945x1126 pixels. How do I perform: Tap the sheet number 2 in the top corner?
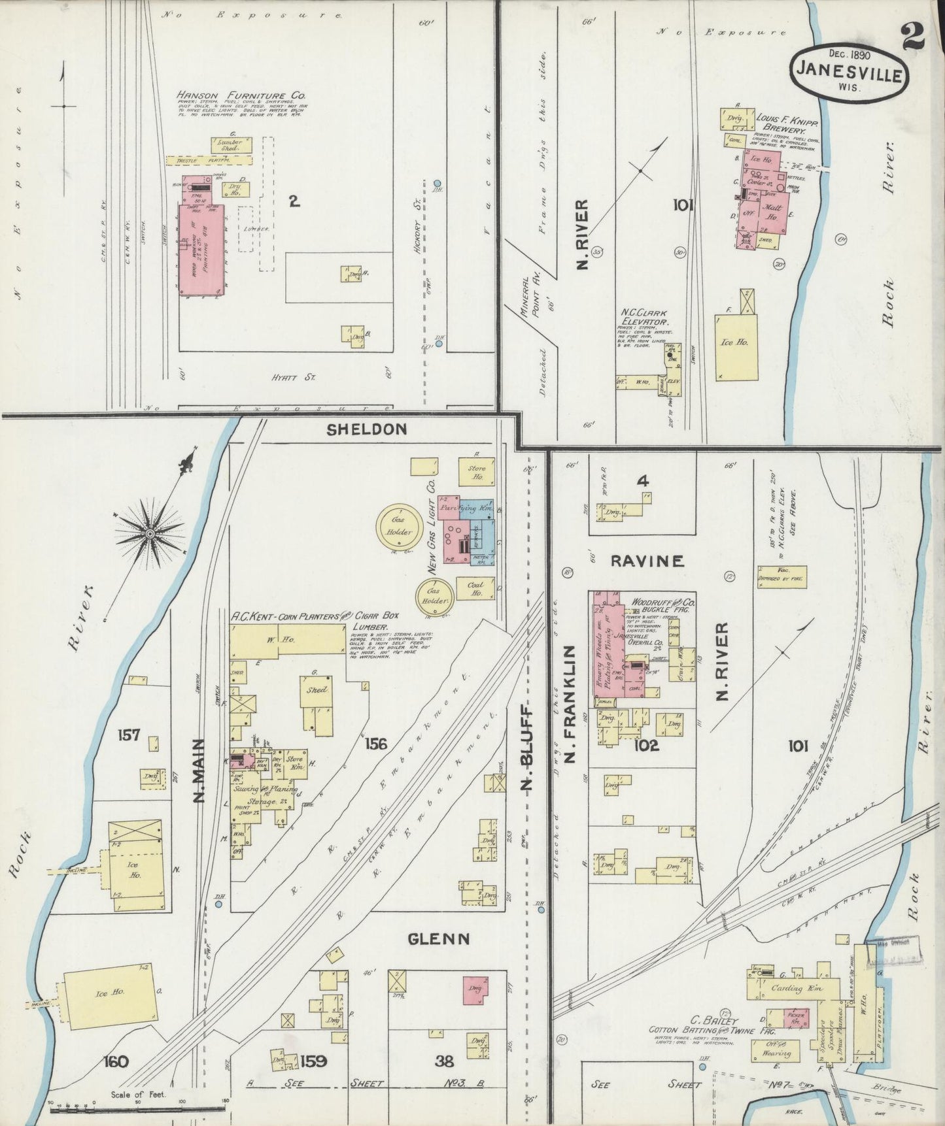point(912,35)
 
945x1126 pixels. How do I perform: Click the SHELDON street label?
point(367,429)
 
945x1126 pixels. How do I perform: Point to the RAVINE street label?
point(647,561)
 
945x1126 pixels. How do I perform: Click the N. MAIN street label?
point(200,771)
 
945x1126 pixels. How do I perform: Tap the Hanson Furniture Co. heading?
point(241,95)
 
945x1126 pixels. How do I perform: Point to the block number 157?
point(128,736)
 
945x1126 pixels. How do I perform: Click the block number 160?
point(115,1061)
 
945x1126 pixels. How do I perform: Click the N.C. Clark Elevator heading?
point(644,317)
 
